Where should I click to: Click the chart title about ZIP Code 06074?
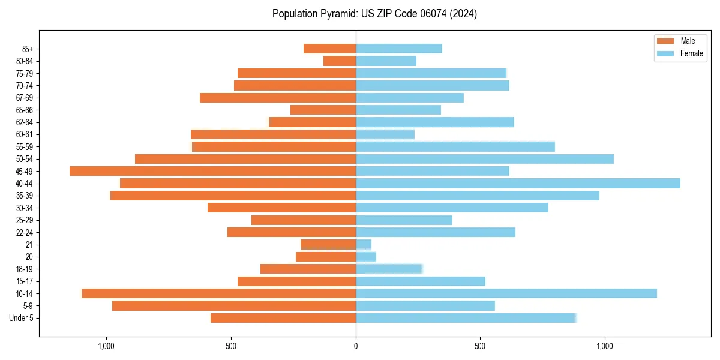pyautogui.click(x=374, y=14)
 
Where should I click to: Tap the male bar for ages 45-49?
pyautogui.click(x=212, y=171)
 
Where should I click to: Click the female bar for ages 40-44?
pyautogui.click(x=518, y=183)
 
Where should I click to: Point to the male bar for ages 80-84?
pyautogui.click(x=340, y=61)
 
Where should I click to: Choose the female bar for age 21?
pyautogui.click(x=364, y=244)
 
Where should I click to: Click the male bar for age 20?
pyautogui.click(x=326, y=257)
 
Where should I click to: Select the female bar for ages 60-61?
pyautogui.click(x=385, y=134)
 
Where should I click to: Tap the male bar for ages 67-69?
pyautogui.click(x=278, y=98)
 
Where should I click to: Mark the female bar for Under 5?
pyautogui.click(x=466, y=318)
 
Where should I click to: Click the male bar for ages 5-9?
pyautogui.click(x=234, y=305)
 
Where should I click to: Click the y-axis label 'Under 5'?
pyautogui.click(x=22, y=318)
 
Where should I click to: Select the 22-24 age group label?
pyautogui.click(x=24, y=232)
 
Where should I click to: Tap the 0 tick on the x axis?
pyautogui.click(x=356, y=346)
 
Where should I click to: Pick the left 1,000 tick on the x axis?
pyautogui.click(x=106, y=346)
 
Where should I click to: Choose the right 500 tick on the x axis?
pyautogui.click(x=480, y=346)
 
